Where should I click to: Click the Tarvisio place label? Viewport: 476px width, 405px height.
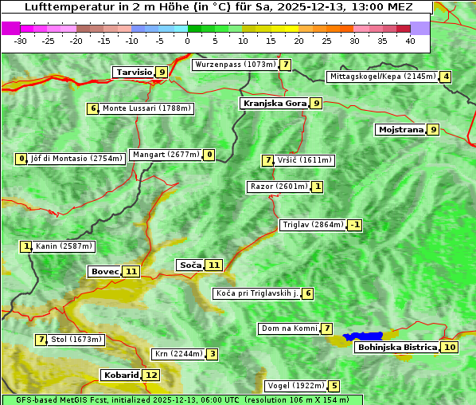pyautogui.click(x=134, y=72)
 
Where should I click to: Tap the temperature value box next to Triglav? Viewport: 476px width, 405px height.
pyautogui.click(x=355, y=225)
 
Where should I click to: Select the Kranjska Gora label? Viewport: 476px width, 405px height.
pyautogui.click(x=274, y=103)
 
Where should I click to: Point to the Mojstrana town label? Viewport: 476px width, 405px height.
pyautogui.click(x=400, y=129)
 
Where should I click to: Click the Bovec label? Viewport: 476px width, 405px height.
pyautogui.click(x=104, y=271)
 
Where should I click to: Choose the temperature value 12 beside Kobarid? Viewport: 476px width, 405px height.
pyautogui.click(x=151, y=375)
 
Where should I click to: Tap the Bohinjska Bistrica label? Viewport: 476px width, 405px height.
pyautogui.click(x=396, y=347)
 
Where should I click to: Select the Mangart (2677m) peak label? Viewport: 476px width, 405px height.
pyautogui.click(x=166, y=155)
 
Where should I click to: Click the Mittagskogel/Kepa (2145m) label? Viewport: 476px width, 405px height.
pyautogui.click(x=382, y=77)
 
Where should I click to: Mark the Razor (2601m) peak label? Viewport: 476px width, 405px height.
pyautogui.click(x=278, y=187)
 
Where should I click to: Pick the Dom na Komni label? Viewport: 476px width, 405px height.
pyautogui.click(x=289, y=328)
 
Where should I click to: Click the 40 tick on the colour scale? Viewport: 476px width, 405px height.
pyautogui.click(x=410, y=41)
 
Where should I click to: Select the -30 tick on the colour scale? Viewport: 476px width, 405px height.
pyautogui.click(x=21, y=41)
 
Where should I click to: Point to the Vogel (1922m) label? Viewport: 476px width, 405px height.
pyautogui.click(x=295, y=386)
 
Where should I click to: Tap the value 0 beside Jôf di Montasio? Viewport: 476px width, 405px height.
pyautogui.click(x=21, y=159)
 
